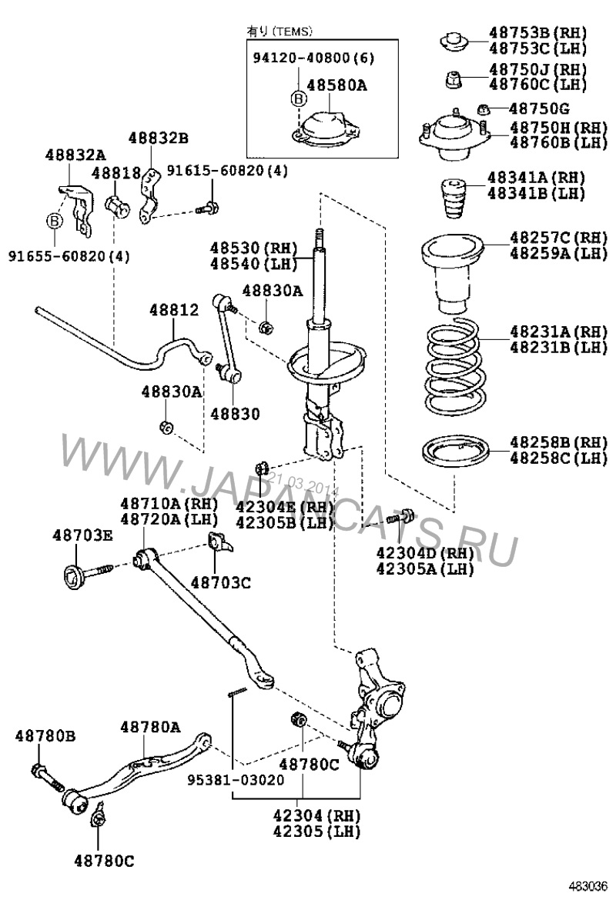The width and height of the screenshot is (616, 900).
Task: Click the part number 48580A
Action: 336,86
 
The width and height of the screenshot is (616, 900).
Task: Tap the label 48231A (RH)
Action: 547,332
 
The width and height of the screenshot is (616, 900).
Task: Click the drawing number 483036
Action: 588,885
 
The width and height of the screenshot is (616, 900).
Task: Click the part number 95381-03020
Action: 236,779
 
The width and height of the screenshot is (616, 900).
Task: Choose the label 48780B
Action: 45,736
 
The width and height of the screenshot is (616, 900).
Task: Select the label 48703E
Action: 82,535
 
